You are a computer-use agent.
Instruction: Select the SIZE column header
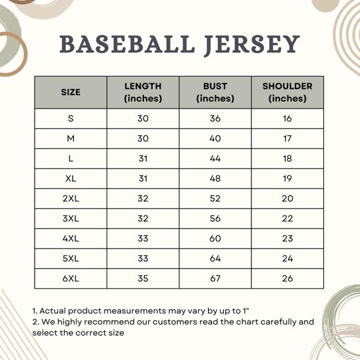point(71,92)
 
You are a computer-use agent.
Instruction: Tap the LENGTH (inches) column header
point(143,92)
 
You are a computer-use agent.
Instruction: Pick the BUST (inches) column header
point(215,92)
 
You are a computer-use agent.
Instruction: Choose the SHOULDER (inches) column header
point(287,92)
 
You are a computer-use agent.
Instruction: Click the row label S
point(71,119)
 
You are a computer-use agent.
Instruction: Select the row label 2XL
point(71,199)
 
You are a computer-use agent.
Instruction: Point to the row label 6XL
point(71,278)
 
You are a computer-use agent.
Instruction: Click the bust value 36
point(215,119)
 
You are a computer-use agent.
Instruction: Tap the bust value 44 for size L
point(215,159)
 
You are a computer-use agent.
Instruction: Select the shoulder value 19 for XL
point(287,179)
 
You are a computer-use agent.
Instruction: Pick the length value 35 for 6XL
point(143,278)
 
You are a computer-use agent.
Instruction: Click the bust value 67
point(215,278)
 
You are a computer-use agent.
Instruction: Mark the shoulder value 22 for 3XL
point(287,219)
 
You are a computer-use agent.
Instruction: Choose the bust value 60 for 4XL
point(215,239)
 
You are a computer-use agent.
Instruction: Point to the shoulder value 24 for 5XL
point(287,259)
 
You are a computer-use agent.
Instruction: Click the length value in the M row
point(143,139)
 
